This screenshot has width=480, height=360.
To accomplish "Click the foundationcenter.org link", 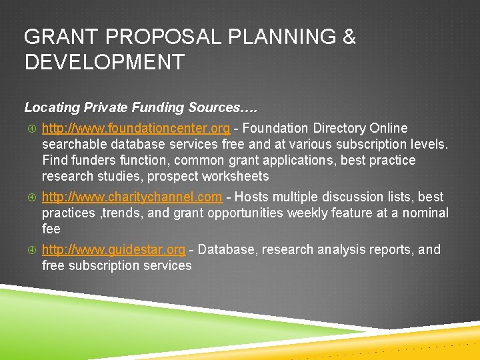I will point(136,128).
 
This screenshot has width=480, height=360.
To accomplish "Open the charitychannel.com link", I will point(132,197).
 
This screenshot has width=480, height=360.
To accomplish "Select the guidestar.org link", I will point(113,249).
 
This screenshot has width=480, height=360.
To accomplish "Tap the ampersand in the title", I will point(349,37).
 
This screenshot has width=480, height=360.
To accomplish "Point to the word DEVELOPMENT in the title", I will point(104,63).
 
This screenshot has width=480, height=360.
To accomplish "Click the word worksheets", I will point(236,176).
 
